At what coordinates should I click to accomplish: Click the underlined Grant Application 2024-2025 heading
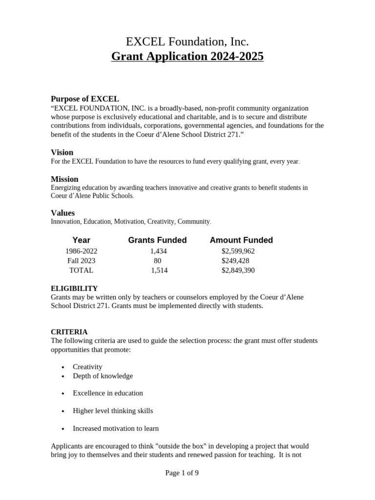187,56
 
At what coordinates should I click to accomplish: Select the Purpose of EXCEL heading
85,99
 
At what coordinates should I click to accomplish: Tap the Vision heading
62,152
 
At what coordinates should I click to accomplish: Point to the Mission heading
64,179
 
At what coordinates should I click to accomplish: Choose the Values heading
63,213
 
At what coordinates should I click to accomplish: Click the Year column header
81,240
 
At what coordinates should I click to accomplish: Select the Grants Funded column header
157,240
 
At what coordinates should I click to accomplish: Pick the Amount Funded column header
241,240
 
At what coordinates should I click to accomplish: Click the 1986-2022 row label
81,251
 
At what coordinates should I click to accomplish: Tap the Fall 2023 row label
81,261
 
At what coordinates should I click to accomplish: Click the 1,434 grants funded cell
159,251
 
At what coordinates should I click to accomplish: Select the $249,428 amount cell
235,261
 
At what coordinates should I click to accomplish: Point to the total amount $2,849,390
238,270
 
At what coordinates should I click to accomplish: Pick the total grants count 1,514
159,270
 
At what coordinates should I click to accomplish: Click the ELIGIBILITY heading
74,289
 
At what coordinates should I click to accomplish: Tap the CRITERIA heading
69,332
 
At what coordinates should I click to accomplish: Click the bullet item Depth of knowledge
103,376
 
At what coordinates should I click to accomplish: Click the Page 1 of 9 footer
182,473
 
